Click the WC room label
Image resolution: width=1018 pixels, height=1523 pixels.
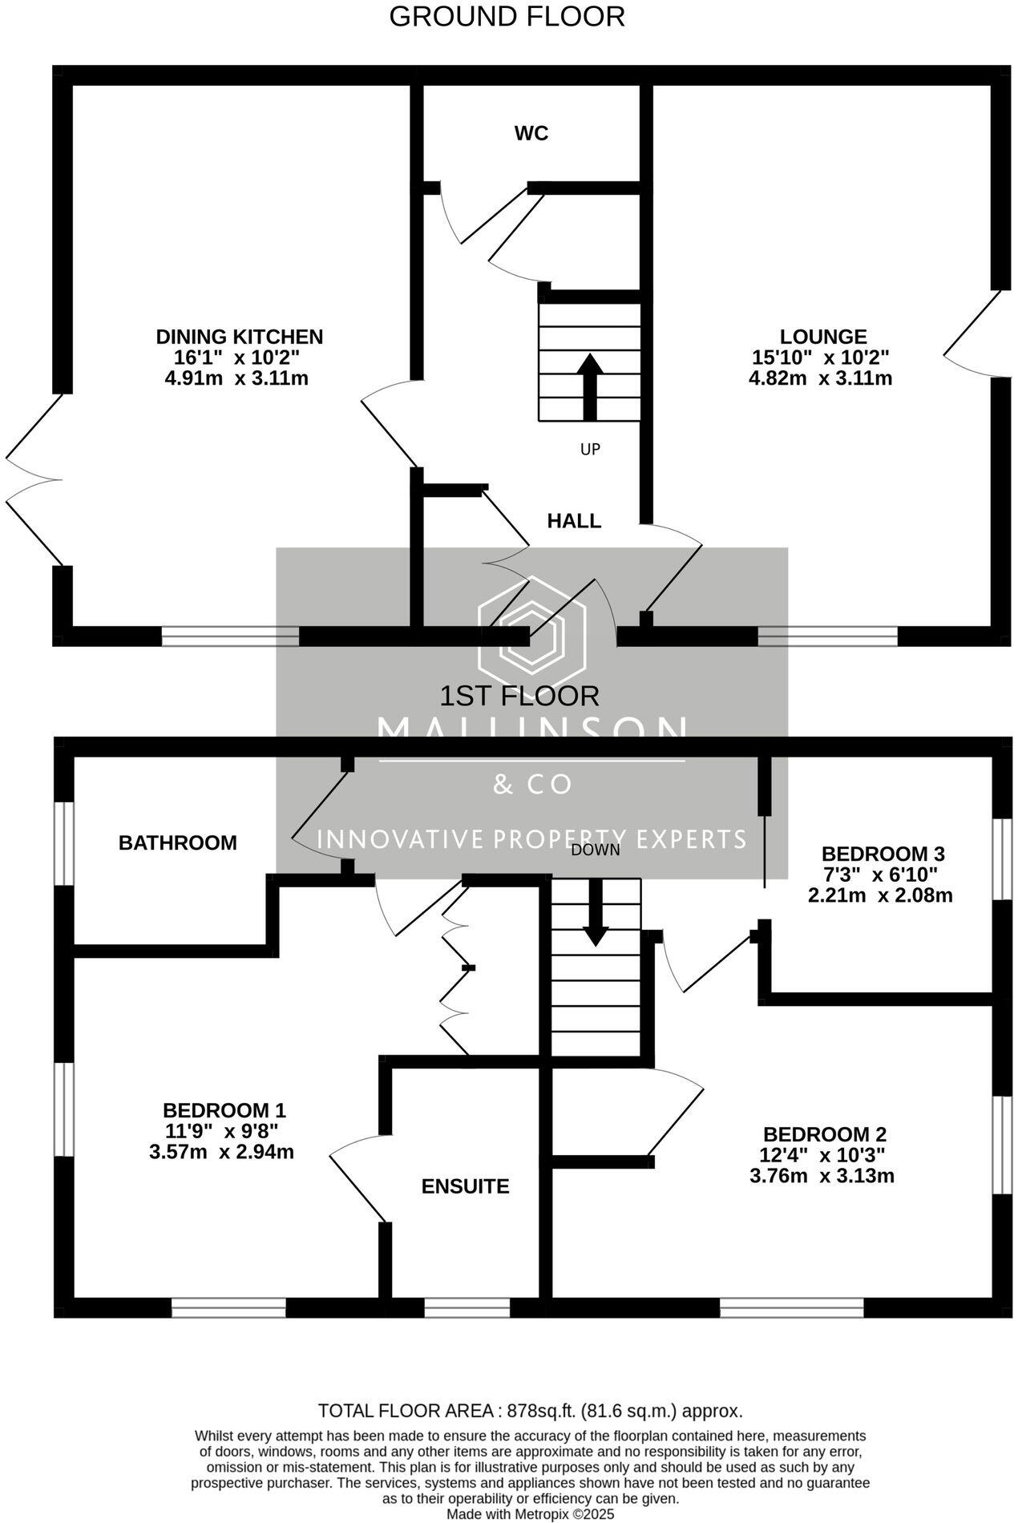(531, 133)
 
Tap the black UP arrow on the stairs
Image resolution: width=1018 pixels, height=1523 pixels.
(590, 385)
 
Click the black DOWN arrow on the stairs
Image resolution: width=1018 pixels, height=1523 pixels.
(596, 911)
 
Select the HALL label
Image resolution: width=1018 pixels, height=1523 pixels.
(574, 521)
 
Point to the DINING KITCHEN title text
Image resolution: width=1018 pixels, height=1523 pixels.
(239, 337)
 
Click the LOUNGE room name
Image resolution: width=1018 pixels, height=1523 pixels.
(823, 337)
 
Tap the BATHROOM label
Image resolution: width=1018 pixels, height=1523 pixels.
(177, 842)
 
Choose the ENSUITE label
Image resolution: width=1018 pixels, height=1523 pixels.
(465, 1186)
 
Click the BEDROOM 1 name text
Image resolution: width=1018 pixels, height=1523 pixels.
(224, 1110)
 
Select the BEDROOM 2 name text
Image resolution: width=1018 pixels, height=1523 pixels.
(825, 1134)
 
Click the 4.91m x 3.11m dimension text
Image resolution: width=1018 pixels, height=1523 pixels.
(236, 378)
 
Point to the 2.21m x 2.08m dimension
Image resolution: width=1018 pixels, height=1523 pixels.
(880, 895)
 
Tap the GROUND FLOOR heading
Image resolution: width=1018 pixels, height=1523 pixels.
(507, 17)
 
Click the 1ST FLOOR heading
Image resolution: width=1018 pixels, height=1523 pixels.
(519, 695)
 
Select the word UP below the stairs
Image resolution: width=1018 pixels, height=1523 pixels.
(590, 449)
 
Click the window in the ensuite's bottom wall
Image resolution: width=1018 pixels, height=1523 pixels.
(467, 1307)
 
